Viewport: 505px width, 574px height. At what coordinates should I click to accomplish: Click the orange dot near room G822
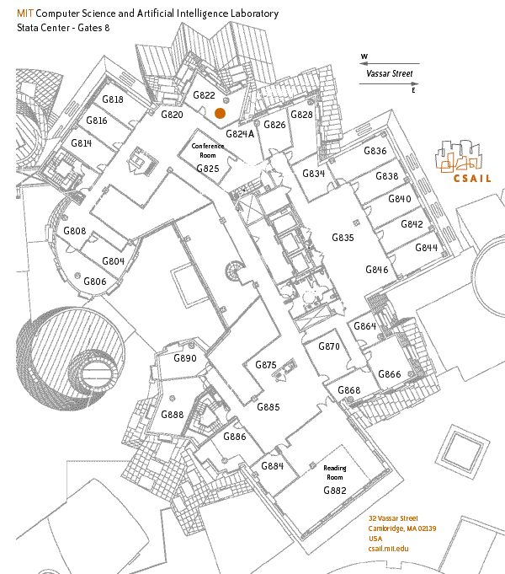tap(220, 113)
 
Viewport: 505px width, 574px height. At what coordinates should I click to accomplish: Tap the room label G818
tap(113, 99)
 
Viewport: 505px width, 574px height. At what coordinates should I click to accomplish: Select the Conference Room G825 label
tap(208, 158)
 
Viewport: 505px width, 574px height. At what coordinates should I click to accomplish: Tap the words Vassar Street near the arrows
tap(390, 73)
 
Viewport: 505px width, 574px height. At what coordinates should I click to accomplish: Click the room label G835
tap(343, 238)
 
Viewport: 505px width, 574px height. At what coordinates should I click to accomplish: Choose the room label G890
tap(184, 358)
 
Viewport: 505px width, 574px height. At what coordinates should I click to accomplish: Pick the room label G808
tap(75, 231)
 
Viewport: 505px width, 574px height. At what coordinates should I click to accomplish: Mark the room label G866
tap(390, 374)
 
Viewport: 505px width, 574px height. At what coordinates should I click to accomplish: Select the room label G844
tap(427, 248)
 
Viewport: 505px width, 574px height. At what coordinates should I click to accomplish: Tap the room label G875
tap(265, 365)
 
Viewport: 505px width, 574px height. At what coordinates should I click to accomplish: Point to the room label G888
tap(172, 415)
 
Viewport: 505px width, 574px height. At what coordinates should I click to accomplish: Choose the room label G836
tap(375, 152)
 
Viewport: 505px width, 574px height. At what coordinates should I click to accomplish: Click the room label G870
tap(328, 346)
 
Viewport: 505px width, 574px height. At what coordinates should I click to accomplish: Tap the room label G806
tap(95, 282)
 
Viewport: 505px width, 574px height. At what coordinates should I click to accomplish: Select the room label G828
tap(301, 115)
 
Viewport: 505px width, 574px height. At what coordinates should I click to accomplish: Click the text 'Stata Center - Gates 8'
tap(63, 29)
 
